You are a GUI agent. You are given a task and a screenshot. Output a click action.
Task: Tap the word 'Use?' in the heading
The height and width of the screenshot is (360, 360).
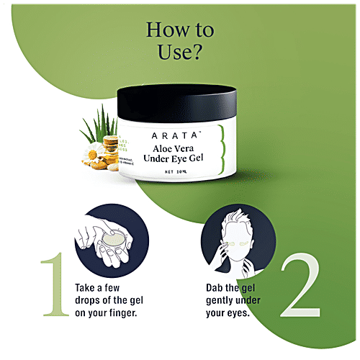click(x=180, y=54)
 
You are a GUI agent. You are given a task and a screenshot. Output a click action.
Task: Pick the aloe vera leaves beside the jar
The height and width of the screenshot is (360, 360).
click(x=97, y=122)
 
